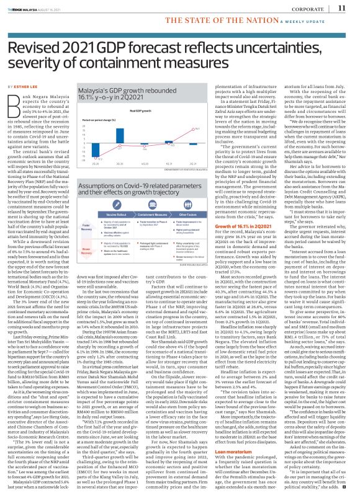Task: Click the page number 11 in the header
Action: [342, 9]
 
